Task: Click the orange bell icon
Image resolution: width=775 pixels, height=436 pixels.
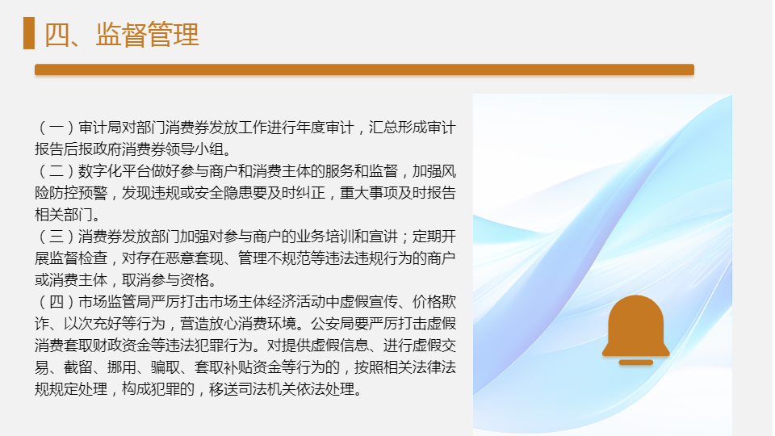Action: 635,325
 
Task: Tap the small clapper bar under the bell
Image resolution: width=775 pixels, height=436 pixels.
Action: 636,363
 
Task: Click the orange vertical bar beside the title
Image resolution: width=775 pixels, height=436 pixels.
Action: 29,33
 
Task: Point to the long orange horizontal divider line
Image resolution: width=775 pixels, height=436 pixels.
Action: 364,69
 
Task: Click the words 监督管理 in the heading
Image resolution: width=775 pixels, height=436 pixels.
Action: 147,35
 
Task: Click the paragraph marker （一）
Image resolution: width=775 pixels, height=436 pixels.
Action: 57,128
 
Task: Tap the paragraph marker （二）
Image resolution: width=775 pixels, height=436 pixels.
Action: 57,171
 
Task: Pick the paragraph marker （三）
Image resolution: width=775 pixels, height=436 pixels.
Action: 57,237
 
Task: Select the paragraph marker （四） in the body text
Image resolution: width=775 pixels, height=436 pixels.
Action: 57,301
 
